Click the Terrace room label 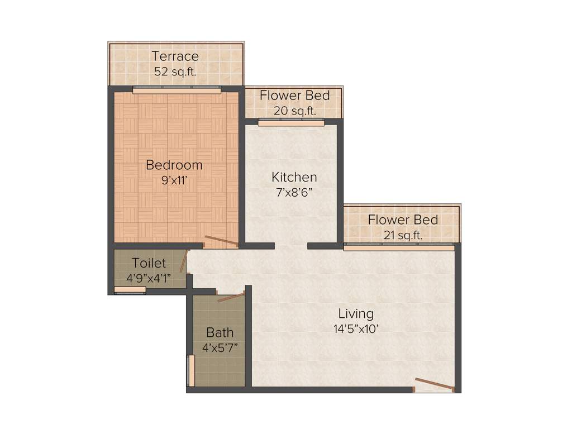click(175, 56)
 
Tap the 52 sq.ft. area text click(175, 71)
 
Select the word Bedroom click(174, 165)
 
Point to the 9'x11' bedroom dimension click(174, 180)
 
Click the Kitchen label click(294, 178)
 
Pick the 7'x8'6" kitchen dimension click(294, 192)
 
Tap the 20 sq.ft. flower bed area click(294, 111)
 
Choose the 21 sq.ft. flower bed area click(402, 235)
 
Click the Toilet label click(149, 263)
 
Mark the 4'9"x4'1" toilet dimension click(149, 278)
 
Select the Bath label click(220, 333)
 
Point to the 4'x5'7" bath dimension click(220, 347)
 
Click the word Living click(356, 313)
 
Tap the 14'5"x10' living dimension click(356, 328)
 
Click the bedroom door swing click(221, 241)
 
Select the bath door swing click(231, 297)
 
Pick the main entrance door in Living click(434, 385)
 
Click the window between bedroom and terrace click(176, 88)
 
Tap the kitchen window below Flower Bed click(291, 122)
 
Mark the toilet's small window click(130, 289)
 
